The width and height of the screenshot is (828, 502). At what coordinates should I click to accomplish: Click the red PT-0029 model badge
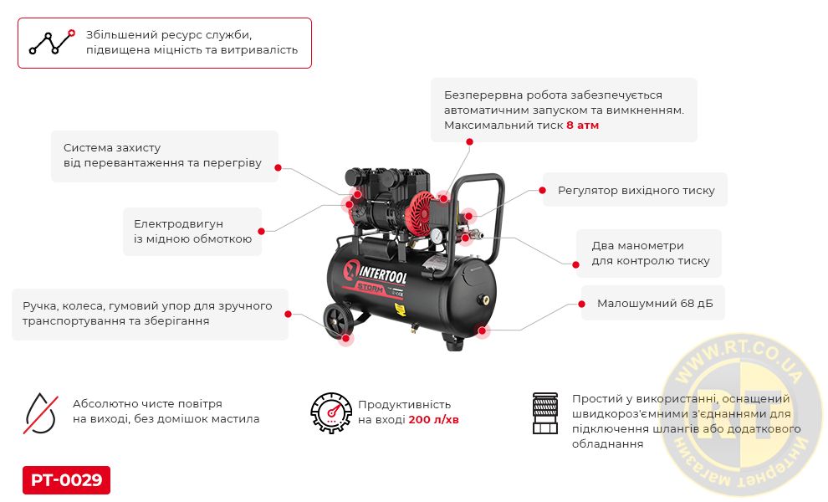click(67, 479)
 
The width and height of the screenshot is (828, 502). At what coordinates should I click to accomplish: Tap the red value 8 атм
click(582, 125)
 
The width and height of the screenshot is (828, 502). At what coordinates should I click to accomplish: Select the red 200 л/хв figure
click(433, 419)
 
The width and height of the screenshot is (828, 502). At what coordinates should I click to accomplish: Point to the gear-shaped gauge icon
click(331, 412)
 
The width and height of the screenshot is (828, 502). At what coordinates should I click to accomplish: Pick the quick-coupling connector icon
click(545, 413)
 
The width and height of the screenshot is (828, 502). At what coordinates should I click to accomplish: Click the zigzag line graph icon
click(52, 43)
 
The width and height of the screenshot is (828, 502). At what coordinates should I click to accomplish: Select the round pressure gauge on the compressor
click(437, 236)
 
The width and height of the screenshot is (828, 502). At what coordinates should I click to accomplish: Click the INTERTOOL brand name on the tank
click(383, 274)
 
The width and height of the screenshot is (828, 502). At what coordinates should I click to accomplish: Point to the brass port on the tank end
click(483, 300)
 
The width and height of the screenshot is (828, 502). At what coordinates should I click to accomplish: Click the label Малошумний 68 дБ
click(655, 304)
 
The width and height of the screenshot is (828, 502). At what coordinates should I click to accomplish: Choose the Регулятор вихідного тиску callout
click(636, 190)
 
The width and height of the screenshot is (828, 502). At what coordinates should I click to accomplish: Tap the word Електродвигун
click(178, 223)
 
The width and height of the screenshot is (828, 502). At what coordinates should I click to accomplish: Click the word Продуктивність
click(405, 404)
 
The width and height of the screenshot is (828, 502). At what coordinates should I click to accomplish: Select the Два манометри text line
click(638, 246)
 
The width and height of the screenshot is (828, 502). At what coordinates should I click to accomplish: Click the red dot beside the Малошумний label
click(581, 304)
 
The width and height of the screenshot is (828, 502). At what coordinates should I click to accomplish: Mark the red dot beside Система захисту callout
click(279, 168)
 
